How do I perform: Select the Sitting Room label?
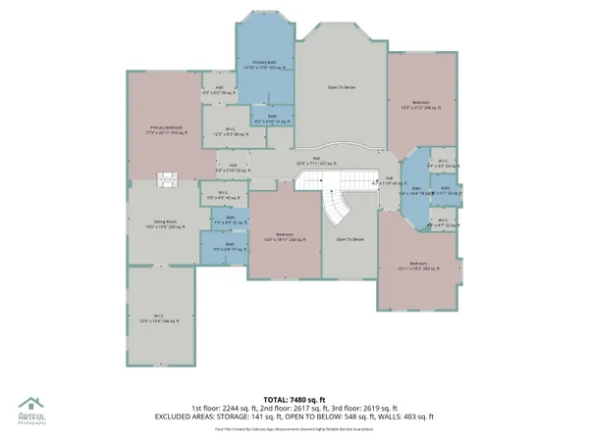click(x=163, y=223)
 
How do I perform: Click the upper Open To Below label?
click(x=341, y=86)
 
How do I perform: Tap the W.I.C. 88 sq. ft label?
click(x=229, y=130)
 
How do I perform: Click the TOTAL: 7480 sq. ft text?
click(x=294, y=399)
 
